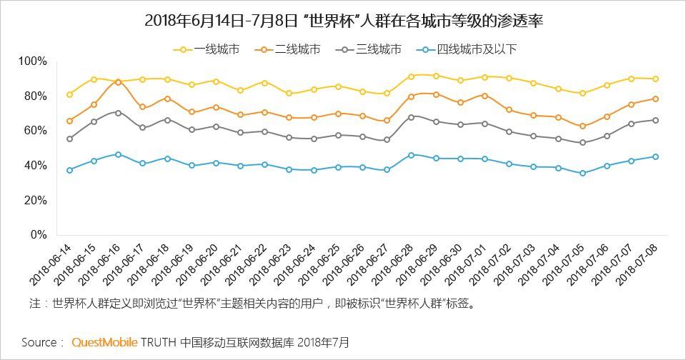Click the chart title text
point(343,21)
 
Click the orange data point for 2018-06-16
point(118,82)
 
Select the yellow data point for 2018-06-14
point(69,94)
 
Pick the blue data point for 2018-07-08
point(655,157)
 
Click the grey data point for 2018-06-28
point(411,117)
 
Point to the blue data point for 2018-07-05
point(582,173)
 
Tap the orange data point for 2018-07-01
point(484,96)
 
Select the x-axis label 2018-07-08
point(639,264)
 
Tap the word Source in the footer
point(37,342)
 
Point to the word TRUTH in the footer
point(158,342)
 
